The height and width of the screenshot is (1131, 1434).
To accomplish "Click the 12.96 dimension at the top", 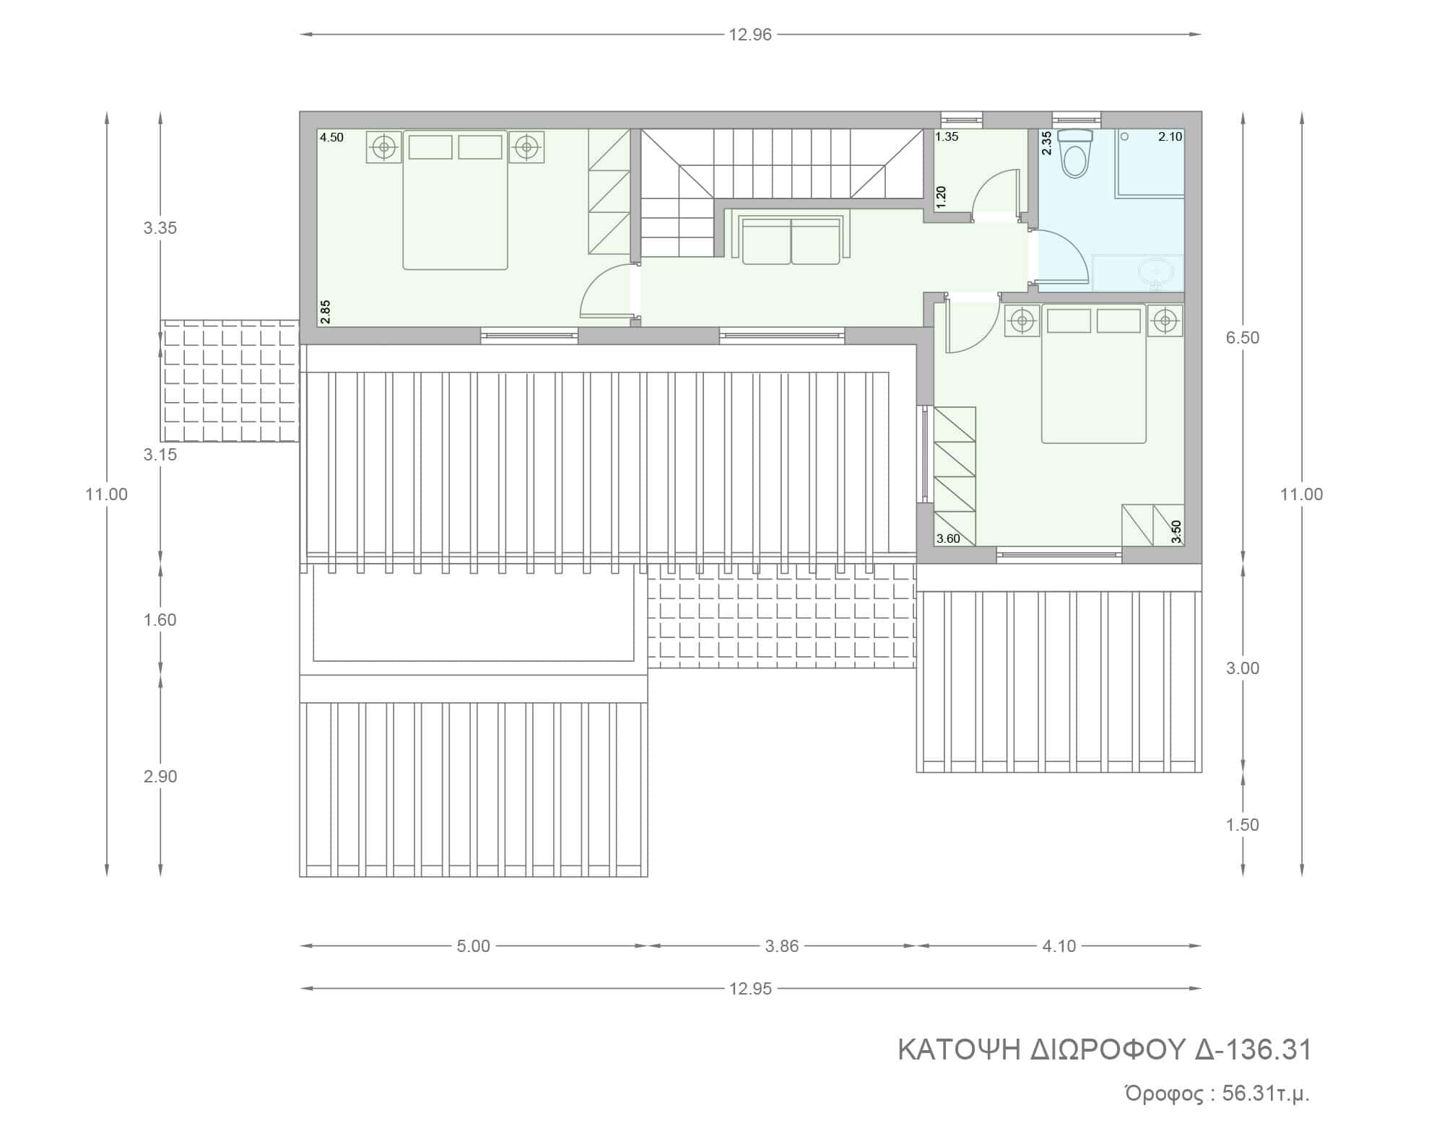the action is click(x=750, y=35).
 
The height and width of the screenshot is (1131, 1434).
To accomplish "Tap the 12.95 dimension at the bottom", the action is click(x=750, y=989).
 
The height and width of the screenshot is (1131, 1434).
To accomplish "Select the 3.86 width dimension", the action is click(x=781, y=946).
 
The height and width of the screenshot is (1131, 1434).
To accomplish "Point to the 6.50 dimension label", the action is click(x=1242, y=338).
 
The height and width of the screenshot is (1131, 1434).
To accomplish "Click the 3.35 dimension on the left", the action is click(x=160, y=228).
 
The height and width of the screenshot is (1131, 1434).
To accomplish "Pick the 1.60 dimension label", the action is click(x=160, y=620).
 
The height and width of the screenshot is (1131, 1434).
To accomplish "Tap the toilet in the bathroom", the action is click(x=1074, y=153).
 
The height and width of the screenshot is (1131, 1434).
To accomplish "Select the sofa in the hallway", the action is click(x=791, y=240).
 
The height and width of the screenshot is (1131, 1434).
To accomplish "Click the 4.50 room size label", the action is click(x=331, y=138).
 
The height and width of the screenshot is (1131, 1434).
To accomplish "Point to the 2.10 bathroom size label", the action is click(x=1170, y=137).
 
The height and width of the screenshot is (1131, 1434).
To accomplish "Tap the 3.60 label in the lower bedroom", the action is click(x=948, y=538).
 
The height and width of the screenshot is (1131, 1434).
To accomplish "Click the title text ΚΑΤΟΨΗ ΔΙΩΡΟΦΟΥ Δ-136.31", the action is click(x=1105, y=1050).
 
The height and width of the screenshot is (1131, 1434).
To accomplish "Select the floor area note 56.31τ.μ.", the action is click(x=1266, y=1094).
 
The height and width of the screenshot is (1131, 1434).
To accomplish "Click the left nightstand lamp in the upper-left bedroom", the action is click(x=384, y=147).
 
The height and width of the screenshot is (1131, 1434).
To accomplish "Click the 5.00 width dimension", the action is click(x=474, y=946).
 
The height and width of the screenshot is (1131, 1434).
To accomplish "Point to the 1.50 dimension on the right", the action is click(x=1242, y=825).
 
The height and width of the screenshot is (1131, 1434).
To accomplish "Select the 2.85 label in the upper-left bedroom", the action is click(x=326, y=311).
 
